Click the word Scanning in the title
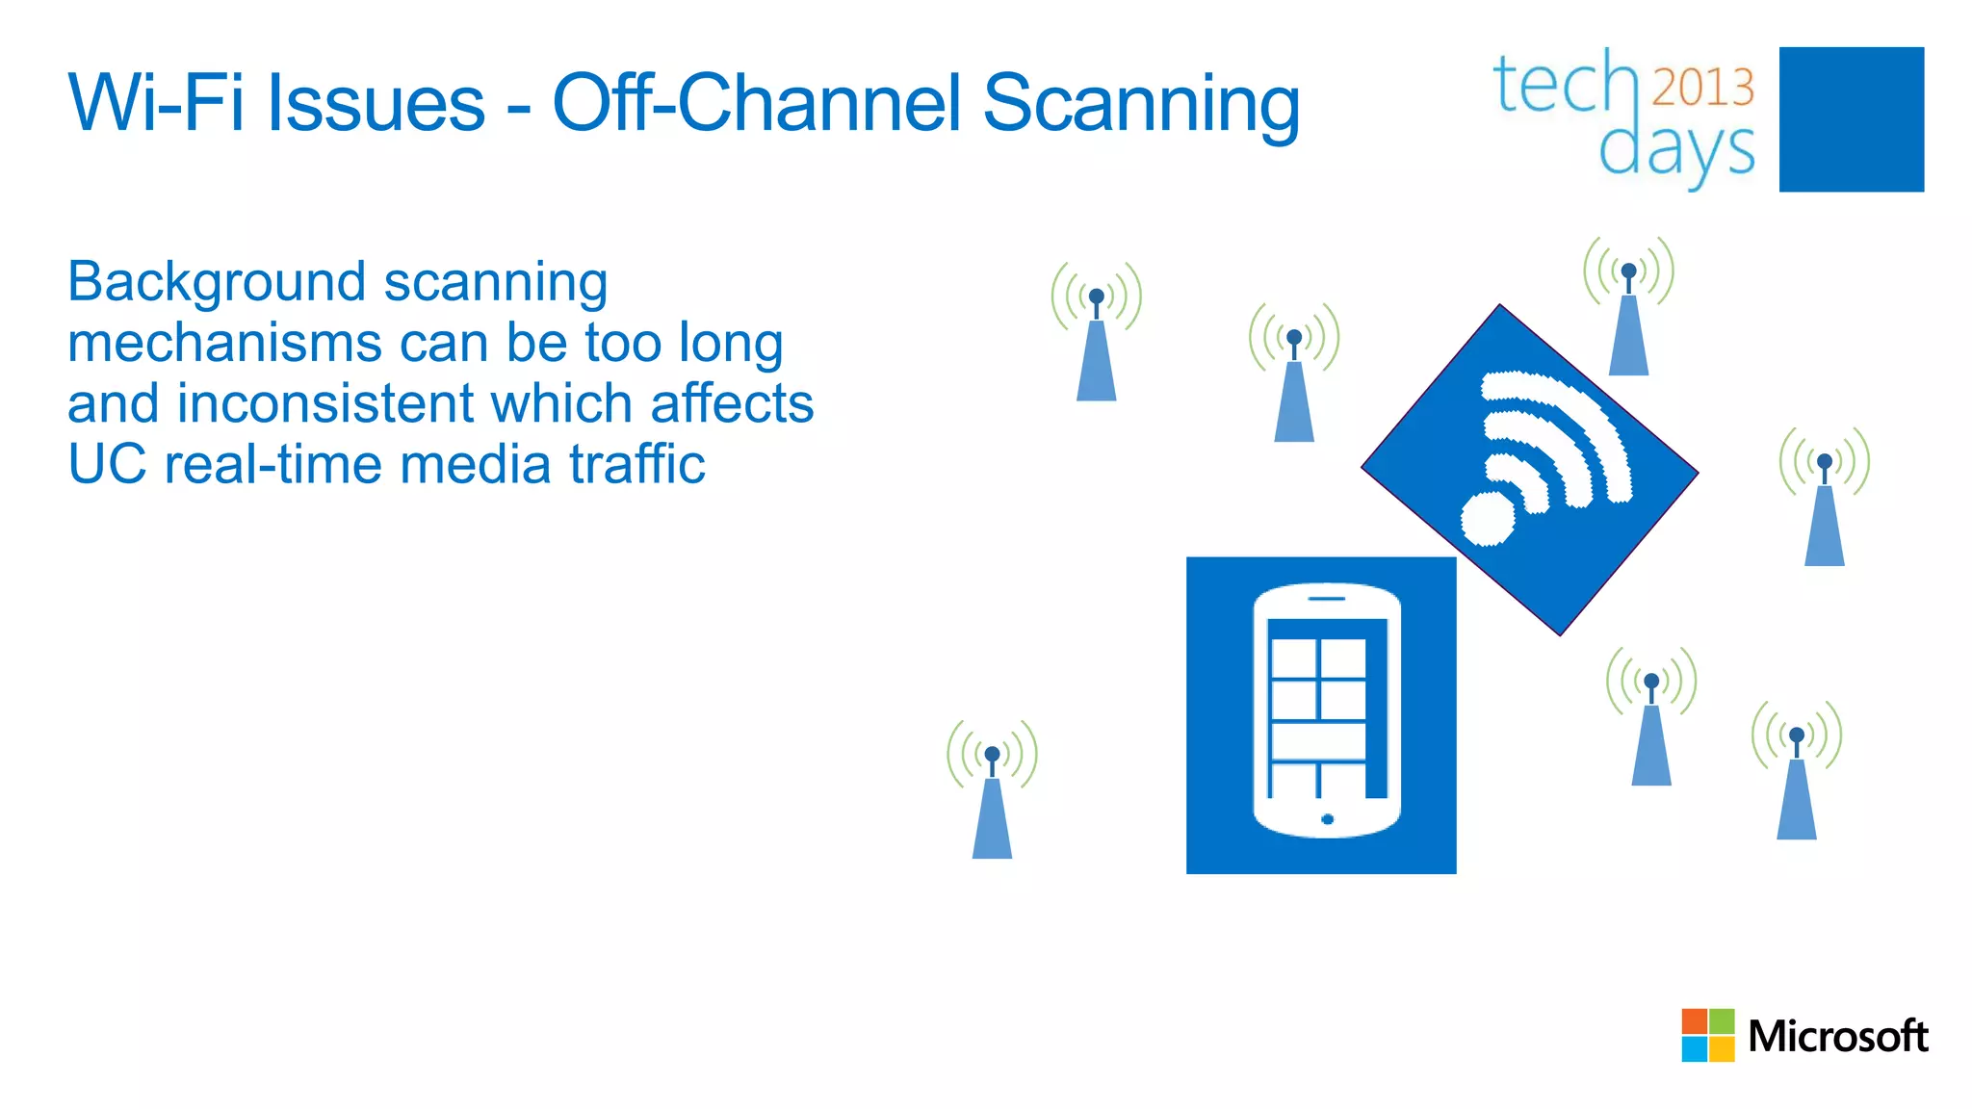pyautogui.click(x=1140, y=104)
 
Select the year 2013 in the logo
pyautogui.click(x=1702, y=88)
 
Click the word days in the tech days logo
pyautogui.click(x=1676, y=150)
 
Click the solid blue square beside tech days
pyautogui.click(x=1851, y=119)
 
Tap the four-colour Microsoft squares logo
pyautogui.click(x=1707, y=1035)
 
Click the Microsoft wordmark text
pyautogui.click(x=1837, y=1037)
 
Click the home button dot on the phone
pyautogui.click(x=1327, y=819)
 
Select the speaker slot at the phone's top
pyautogui.click(x=1326, y=599)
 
